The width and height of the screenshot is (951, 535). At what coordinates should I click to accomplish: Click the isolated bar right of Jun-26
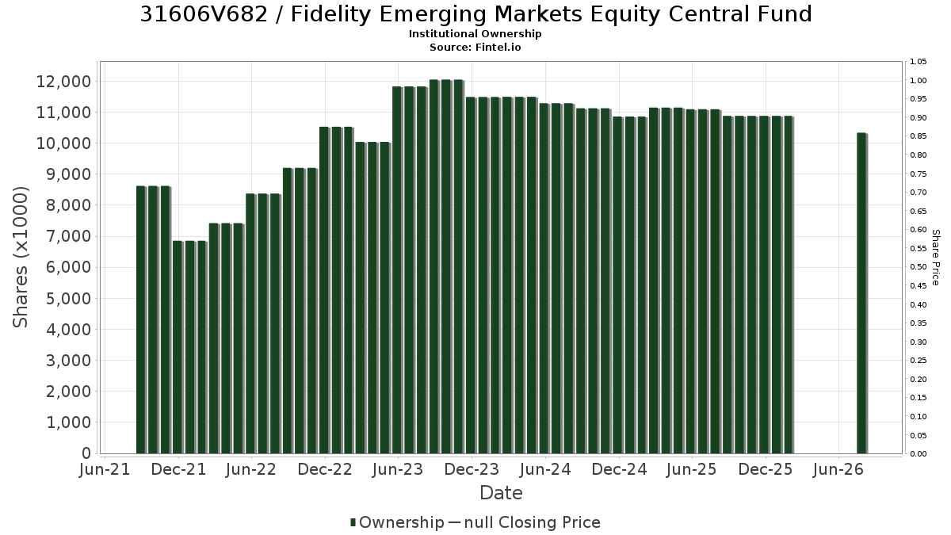tap(862, 293)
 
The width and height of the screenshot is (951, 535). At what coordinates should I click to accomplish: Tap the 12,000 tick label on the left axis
tap(63, 81)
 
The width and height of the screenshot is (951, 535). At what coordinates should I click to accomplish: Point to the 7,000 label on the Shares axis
tap(68, 236)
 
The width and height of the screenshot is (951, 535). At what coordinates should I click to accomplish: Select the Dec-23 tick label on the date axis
tap(472, 469)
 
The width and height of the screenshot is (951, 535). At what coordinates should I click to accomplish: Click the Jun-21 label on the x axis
tap(105, 469)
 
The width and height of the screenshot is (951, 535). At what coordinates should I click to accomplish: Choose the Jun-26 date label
tap(838, 469)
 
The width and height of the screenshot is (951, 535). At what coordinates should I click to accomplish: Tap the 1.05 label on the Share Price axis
tap(919, 62)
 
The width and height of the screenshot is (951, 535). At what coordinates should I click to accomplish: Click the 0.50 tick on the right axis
tap(919, 267)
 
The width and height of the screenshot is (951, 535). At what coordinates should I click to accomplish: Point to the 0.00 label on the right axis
tap(919, 454)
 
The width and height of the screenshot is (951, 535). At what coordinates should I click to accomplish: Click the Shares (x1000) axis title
tap(20, 258)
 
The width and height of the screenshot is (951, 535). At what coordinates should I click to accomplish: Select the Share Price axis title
tap(936, 258)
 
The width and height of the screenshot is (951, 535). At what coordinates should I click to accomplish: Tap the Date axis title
tap(501, 493)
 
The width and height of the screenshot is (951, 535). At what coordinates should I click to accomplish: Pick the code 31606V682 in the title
tap(204, 14)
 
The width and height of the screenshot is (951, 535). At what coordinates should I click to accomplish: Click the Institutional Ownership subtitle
tap(475, 34)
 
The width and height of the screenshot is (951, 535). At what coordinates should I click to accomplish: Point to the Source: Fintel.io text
tap(475, 47)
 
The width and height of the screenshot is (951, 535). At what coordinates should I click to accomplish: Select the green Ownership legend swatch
tap(353, 522)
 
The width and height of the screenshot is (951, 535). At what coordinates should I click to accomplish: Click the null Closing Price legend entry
tap(533, 522)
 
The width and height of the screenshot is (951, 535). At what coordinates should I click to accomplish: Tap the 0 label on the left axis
tap(86, 453)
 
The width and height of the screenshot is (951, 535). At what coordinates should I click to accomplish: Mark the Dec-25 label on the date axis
tap(766, 469)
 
